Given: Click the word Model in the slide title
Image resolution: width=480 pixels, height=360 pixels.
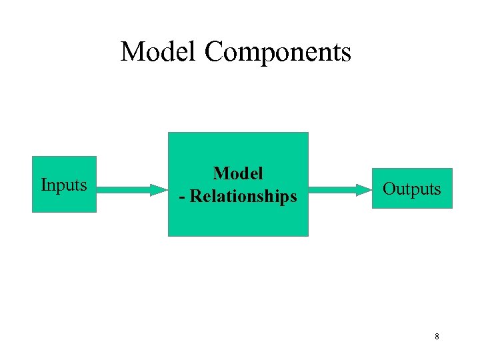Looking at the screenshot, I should (159, 51).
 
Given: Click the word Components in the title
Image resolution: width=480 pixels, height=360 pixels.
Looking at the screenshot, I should (278, 53).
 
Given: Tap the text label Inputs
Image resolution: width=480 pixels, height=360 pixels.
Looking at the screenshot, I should (64, 185).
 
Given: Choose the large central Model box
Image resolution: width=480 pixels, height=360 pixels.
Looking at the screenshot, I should (238, 220).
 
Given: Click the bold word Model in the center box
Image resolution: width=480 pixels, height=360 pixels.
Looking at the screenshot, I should (238, 173).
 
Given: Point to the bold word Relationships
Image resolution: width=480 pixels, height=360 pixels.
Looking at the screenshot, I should (244, 197).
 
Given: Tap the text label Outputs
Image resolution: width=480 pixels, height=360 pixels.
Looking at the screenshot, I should (411, 189).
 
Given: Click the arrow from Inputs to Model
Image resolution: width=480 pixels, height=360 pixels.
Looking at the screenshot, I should (130, 189).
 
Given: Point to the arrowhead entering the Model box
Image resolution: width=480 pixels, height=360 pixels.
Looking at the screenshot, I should (159, 189).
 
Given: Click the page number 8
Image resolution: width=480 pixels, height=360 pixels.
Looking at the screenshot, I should (437, 337).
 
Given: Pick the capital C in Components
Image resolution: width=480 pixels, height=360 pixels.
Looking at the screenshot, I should (214, 51).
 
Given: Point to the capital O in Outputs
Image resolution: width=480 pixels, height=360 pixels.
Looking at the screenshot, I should (389, 189).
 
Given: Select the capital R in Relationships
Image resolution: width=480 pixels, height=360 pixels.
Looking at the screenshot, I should (197, 197).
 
